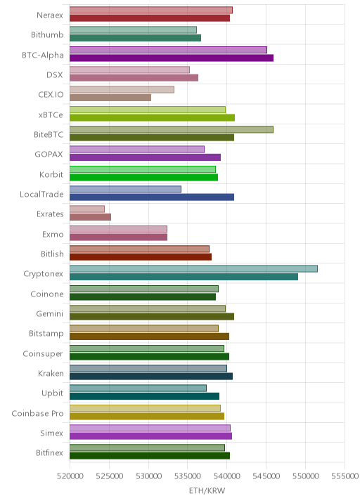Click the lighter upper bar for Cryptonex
193,269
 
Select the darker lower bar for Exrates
90,217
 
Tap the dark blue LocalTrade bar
152,197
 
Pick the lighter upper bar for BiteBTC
172,129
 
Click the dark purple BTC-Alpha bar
172,58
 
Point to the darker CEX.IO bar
110,98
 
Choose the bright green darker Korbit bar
144,178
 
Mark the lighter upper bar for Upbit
138,388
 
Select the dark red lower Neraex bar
150,18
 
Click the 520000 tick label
70,476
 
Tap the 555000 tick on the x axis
345,476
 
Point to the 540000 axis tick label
226,476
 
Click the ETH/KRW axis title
207,491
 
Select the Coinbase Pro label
37,414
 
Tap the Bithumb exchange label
47,34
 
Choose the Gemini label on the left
50,314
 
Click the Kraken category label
51,374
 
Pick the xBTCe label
51,115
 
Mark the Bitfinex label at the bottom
49,453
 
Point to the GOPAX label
49,155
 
